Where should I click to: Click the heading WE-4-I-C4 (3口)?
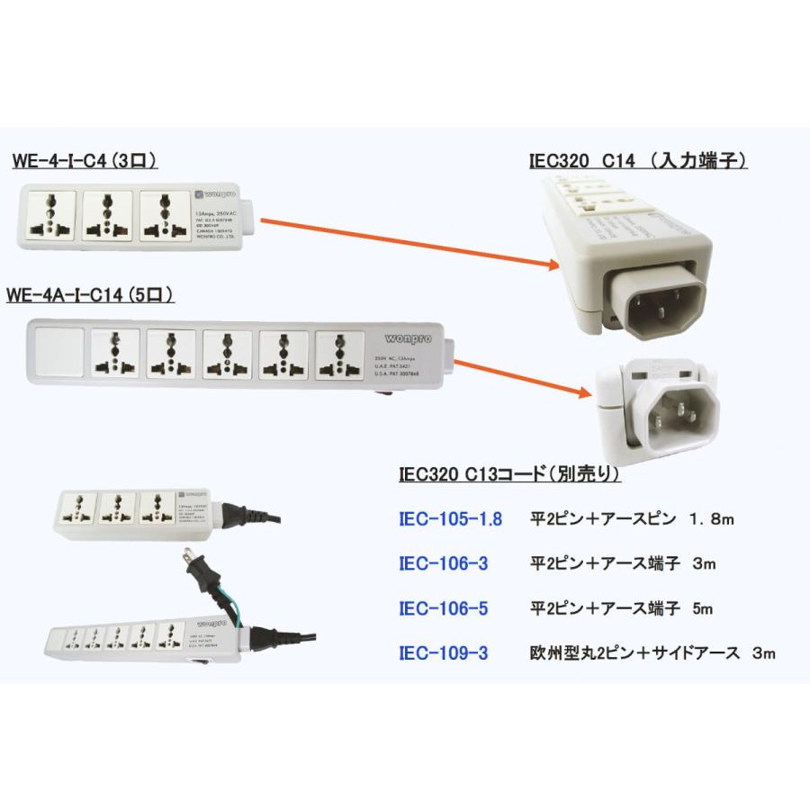[x=85, y=162]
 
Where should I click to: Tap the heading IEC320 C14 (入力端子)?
[x=638, y=160]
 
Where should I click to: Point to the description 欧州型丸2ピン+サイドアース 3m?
[x=652, y=653]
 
